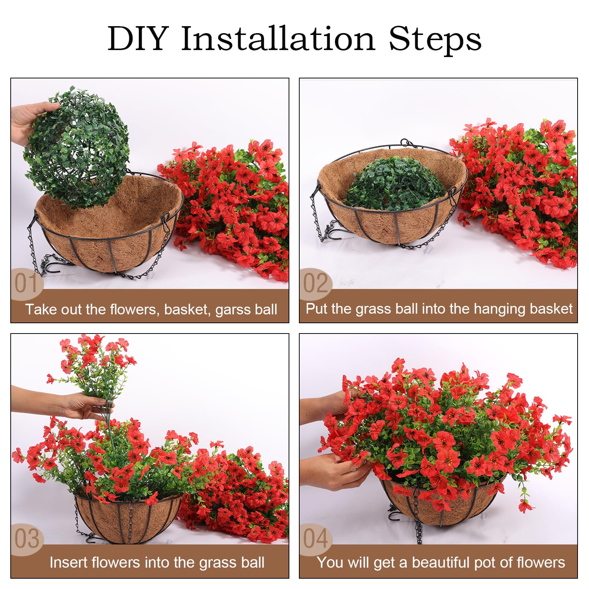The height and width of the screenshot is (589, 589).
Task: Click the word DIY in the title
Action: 138,39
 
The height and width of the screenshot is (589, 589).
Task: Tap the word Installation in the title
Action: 278,38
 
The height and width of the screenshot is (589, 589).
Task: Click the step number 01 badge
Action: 27,283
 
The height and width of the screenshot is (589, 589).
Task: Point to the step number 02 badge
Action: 315,283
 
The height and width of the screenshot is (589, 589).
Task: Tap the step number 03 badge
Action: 27,539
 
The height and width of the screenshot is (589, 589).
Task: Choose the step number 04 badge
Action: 315,539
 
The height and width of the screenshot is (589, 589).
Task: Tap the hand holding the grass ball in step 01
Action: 29,121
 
